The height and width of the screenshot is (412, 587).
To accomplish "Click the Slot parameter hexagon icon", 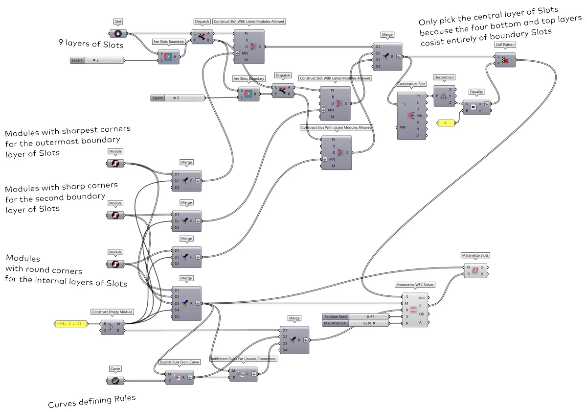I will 118,34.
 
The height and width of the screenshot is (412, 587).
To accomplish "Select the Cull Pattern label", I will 504,45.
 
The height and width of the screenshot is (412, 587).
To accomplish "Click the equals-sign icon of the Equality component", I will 474,106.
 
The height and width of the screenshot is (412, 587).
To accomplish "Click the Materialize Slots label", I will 475,255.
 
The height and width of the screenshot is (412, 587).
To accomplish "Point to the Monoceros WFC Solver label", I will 414,284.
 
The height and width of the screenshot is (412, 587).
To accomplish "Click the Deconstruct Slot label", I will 412,84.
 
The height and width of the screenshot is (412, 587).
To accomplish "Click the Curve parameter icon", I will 115,381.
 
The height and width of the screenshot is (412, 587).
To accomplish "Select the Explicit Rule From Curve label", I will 180,363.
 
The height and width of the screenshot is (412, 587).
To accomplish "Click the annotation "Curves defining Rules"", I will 91,401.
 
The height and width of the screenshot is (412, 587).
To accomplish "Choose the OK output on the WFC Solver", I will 421,314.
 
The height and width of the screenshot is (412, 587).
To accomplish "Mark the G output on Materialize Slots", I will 483,267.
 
